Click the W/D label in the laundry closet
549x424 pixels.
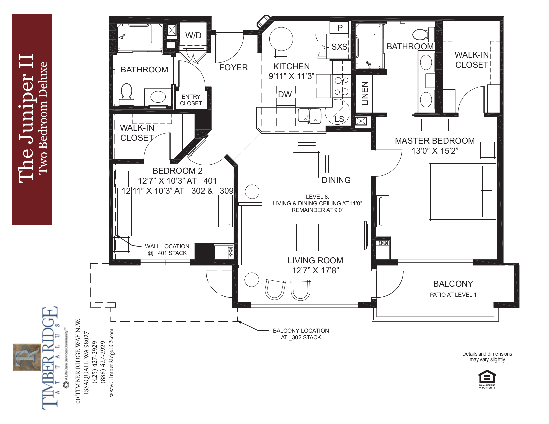(193, 35)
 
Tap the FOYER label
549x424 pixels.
(233, 68)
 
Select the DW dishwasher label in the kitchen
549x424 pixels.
(285, 95)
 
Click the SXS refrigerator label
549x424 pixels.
(339, 47)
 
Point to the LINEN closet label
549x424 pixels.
(365, 94)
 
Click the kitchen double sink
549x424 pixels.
(309, 116)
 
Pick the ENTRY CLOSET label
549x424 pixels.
(191, 100)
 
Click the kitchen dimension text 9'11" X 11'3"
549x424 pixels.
(291, 76)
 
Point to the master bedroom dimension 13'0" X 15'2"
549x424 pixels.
(435, 151)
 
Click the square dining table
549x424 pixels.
(307, 164)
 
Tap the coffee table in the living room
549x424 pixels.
(307, 237)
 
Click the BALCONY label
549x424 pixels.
(453, 284)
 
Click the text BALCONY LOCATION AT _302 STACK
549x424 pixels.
(301, 334)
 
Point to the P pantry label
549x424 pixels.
(340, 28)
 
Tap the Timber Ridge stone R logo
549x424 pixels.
(27, 357)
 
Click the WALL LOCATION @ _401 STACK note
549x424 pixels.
(167, 250)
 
